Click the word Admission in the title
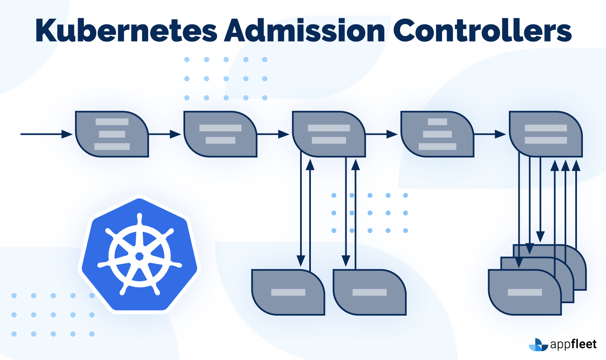tap(305, 31)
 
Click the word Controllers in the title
tap(482, 31)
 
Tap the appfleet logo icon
tap(538, 345)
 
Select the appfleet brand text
tap(573, 344)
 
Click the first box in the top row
tap(112, 134)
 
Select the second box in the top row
tap(220, 134)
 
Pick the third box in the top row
tap(329, 134)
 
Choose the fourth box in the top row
tap(437, 134)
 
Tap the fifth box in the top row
tap(546, 134)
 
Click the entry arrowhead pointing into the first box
tap(67, 134)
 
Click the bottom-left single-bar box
tap(288, 292)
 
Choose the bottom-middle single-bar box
tap(369, 292)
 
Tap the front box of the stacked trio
tap(525, 293)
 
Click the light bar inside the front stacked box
tap(525, 292)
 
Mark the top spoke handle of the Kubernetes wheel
tap(139, 219)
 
